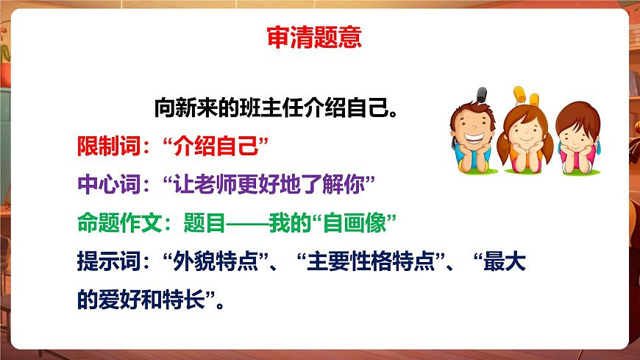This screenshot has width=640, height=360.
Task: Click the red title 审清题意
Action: point(313,37)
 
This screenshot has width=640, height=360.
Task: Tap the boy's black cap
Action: point(482,94)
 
